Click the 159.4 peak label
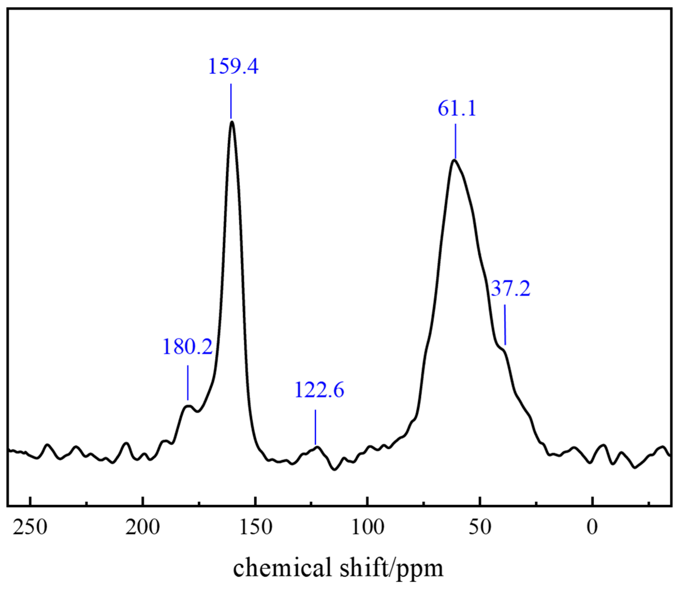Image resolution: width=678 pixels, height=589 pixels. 233,66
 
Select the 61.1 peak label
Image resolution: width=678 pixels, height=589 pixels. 457,108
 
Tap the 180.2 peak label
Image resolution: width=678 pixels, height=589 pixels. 188,347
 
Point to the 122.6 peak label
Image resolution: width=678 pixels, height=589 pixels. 319,390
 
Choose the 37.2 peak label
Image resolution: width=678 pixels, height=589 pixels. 510,289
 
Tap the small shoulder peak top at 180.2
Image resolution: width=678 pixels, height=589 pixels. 188,406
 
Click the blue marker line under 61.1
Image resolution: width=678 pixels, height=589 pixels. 455,141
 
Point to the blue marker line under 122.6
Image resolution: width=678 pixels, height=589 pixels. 315,427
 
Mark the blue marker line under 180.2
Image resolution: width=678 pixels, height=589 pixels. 188,383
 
